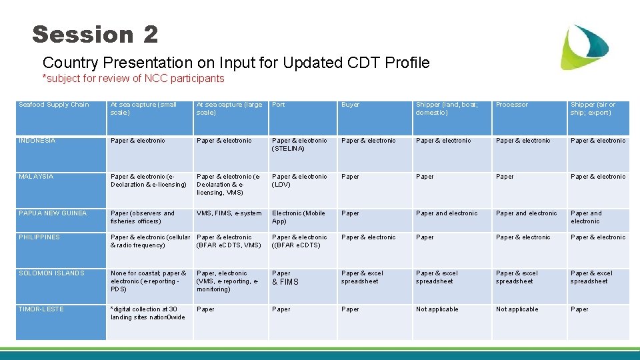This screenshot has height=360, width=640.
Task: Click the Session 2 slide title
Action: tap(95, 35)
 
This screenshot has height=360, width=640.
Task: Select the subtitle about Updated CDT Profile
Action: tap(236, 63)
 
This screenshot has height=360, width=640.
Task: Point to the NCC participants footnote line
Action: tap(133, 79)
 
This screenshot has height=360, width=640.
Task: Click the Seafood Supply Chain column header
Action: tap(54, 105)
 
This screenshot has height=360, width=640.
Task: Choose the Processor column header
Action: tap(512, 105)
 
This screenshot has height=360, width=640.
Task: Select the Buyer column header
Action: tap(351, 105)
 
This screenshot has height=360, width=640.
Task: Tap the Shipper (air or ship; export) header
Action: tap(593, 109)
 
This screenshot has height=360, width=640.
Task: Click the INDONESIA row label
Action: tap(37, 141)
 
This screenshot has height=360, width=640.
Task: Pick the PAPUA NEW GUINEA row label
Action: tap(53, 213)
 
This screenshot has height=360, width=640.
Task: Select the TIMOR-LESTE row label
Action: tap(42, 309)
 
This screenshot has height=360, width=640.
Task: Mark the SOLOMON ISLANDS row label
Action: tap(52, 273)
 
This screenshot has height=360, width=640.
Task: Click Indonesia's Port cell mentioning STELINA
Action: tap(299, 145)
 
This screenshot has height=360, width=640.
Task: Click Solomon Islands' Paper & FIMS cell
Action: tap(285, 278)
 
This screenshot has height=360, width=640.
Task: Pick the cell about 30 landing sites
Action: tap(147, 313)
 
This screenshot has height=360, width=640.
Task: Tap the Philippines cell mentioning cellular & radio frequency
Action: tap(150, 241)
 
